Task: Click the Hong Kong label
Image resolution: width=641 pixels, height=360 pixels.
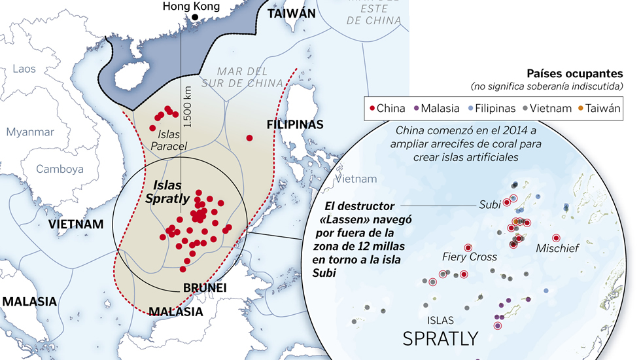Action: (x=194, y=7)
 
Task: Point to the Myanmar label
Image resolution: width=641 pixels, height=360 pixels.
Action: (x=30, y=132)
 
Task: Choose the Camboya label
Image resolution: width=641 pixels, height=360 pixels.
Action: (x=60, y=169)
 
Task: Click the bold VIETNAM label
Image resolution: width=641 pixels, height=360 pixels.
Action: (x=76, y=225)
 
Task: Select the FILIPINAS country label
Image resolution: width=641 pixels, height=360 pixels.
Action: (x=295, y=124)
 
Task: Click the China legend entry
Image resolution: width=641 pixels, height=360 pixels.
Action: (x=387, y=108)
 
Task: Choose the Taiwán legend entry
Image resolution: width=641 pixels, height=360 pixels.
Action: (x=595, y=108)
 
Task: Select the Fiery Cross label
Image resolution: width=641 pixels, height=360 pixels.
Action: (x=470, y=257)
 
